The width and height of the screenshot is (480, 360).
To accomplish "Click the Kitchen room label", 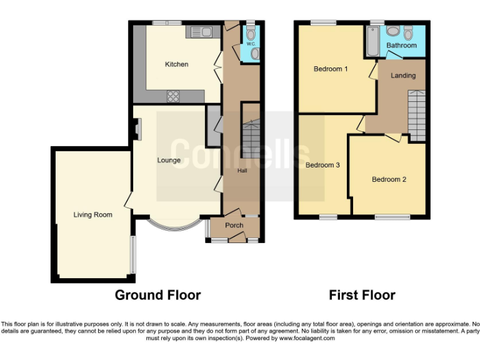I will point(176,64).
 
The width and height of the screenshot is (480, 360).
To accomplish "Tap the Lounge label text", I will point(169,160).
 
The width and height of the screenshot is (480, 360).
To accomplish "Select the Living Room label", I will point(92,215).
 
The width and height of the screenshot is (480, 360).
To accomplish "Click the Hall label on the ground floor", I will point(242,170).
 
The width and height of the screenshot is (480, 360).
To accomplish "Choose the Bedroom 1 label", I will point(331,69).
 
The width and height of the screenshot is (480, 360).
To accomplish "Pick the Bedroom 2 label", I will point(389,179).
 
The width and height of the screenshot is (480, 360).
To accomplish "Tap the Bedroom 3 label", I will point(322,165).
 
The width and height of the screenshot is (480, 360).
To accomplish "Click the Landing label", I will point(403,76).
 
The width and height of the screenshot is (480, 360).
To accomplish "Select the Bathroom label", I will point(401,46).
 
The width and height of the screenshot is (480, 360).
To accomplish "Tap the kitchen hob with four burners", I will point(173,96).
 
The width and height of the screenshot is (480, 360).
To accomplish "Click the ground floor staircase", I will point(251,139).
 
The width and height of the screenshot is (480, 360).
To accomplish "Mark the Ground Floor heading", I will point(157,295).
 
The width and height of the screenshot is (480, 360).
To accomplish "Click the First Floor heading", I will point(362,295).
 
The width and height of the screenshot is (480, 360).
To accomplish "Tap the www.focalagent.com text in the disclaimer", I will point(307,338).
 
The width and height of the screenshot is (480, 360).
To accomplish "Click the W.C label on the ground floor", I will point(250,44).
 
